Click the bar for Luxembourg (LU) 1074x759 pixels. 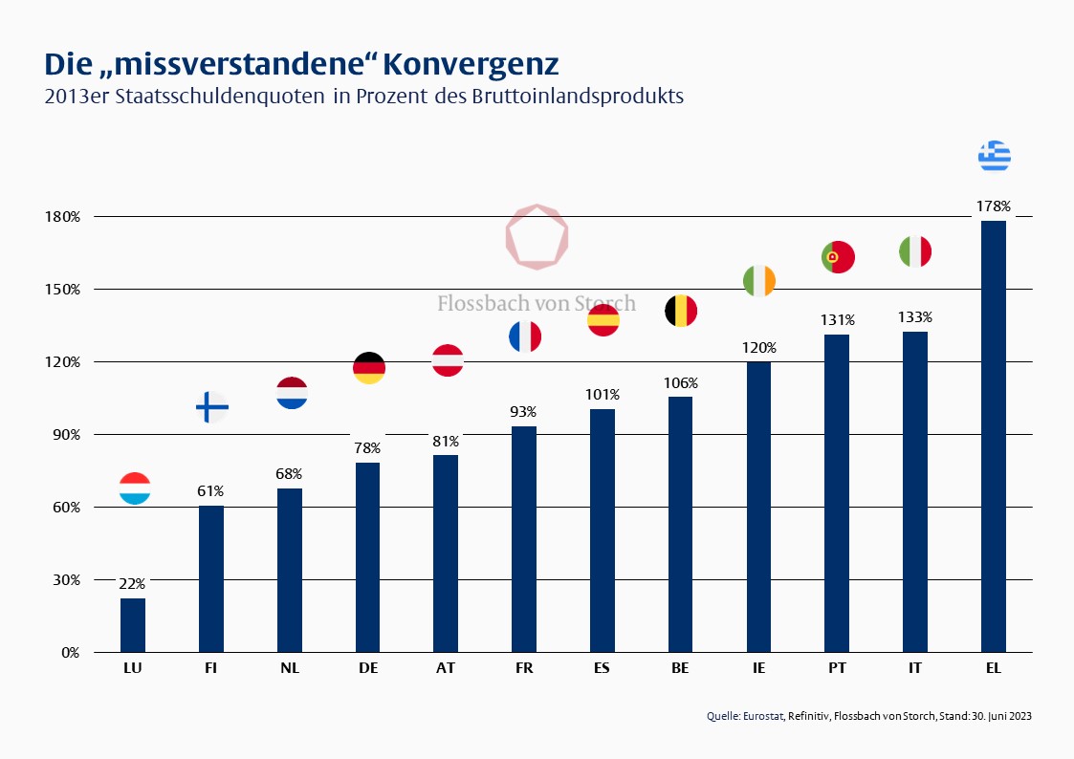(133, 625)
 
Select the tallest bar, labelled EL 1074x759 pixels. (994, 436)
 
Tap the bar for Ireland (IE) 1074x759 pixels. (758, 507)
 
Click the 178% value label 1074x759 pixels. (994, 206)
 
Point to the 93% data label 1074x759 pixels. (524, 411)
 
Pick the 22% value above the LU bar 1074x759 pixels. (133, 583)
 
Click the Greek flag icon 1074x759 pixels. (995, 155)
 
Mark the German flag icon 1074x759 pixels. (369, 367)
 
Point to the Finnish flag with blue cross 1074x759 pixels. (211, 407)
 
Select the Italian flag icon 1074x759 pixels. (915, 251)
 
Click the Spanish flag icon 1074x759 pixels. (603, 321)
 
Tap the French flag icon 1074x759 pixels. (524, 336)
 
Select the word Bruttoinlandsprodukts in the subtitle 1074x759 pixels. (577, 97)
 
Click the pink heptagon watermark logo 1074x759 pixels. (537, 236)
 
